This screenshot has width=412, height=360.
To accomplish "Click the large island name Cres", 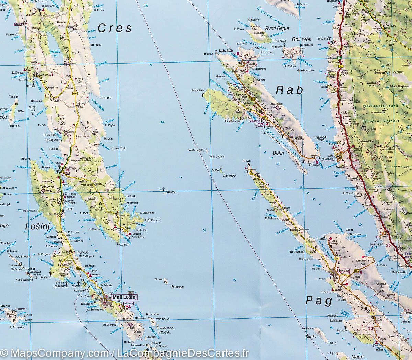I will coord(115,28).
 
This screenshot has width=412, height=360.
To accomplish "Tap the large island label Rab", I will coord(290,90).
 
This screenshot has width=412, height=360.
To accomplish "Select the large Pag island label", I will coord(319,301).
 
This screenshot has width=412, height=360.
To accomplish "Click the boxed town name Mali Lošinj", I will coord(125,297).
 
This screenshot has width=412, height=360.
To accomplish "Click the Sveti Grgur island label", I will coord(277,29).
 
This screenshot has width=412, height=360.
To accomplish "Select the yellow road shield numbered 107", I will coord(336,258).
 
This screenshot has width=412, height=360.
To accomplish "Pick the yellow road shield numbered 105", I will coord(253,99).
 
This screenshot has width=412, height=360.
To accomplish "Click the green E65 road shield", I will coord(339,58).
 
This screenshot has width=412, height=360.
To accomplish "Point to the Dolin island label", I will coord(278,153).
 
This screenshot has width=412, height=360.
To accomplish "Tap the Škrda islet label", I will coord(311,337).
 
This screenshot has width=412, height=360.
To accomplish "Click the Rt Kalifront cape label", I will coord(198,90).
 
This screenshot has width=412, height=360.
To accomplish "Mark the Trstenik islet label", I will coord(171,192).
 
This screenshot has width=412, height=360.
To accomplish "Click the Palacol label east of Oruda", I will coord(179,287).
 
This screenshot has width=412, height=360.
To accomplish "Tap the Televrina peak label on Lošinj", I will coord(47,187).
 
